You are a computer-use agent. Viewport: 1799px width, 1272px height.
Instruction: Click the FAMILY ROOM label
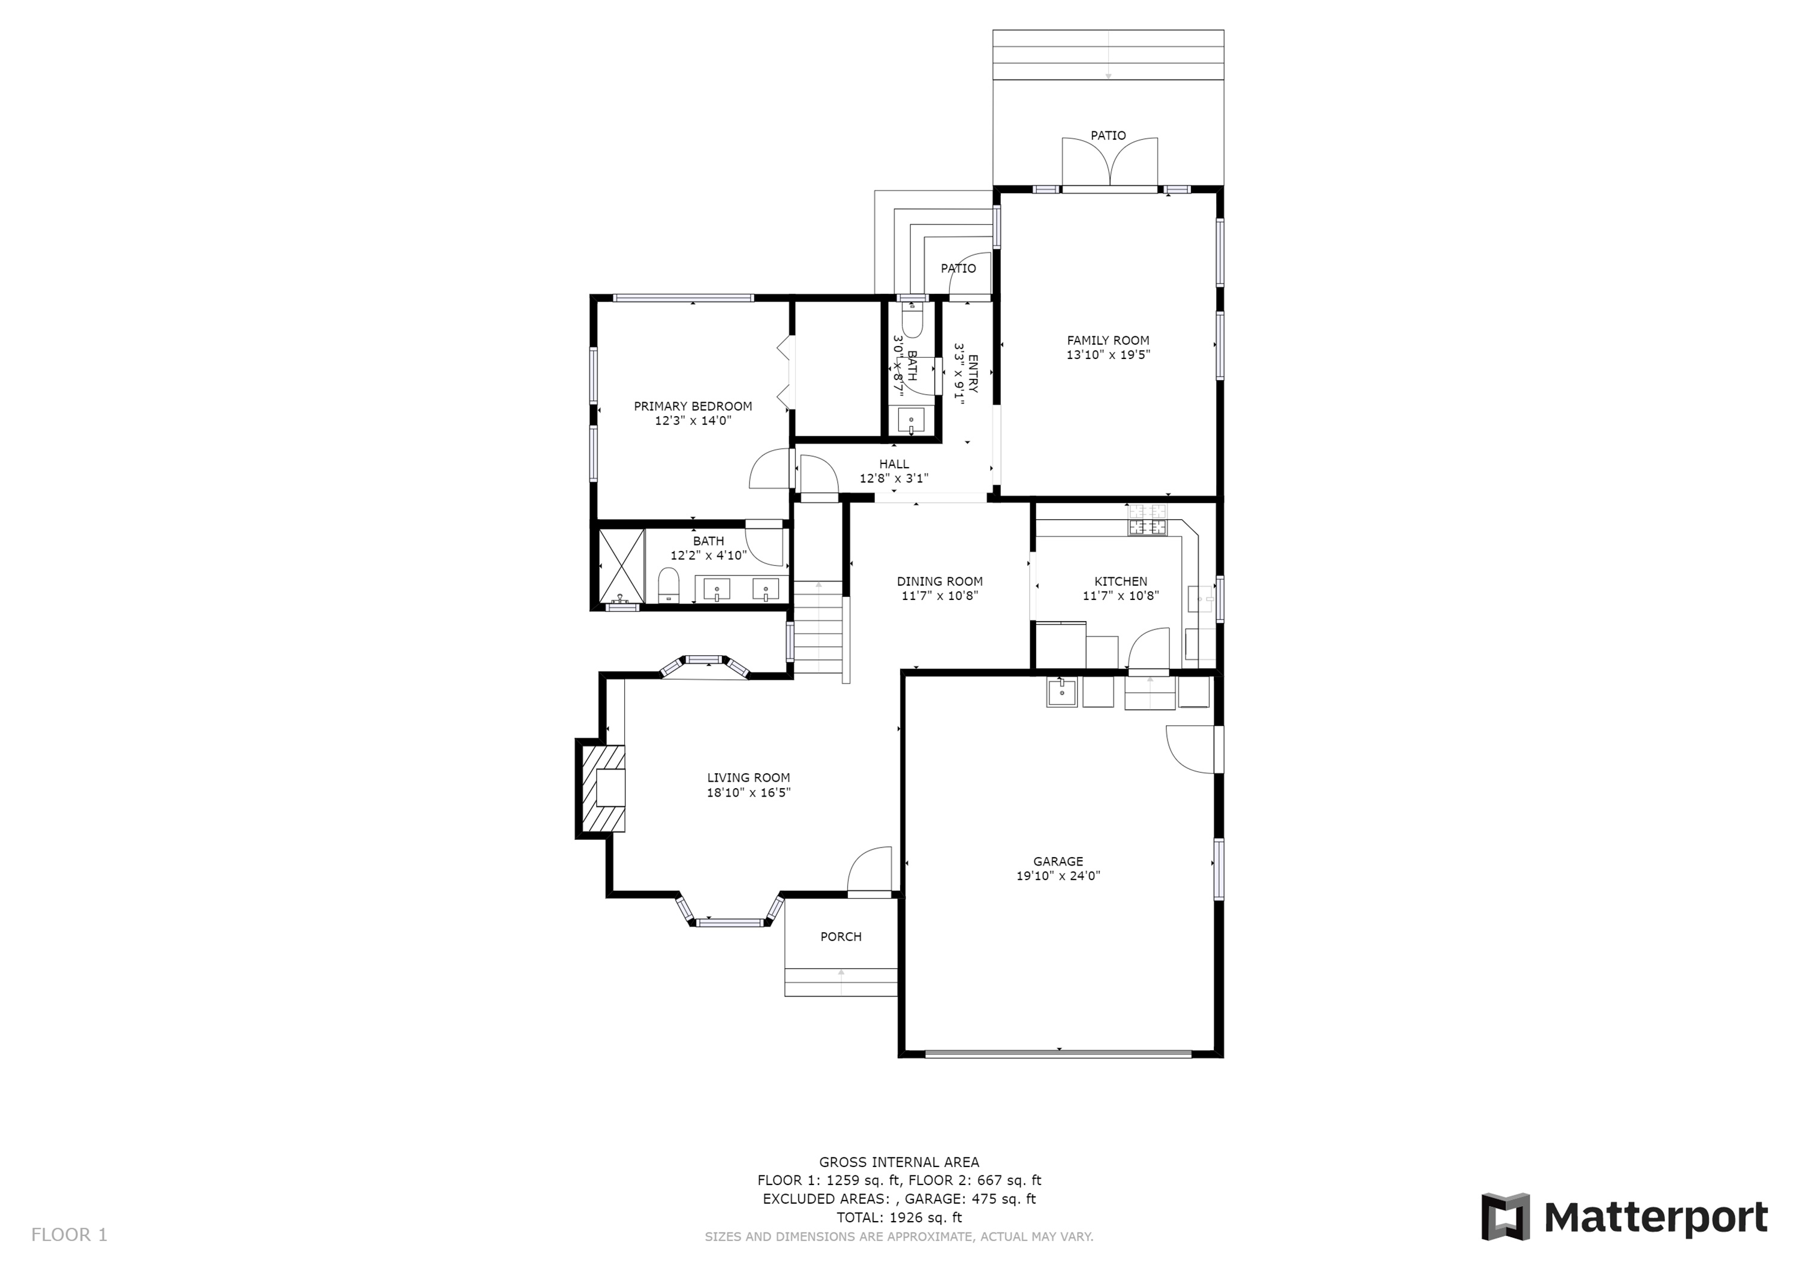point(1108,340)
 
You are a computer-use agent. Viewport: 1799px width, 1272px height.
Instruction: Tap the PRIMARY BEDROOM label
point(693,406)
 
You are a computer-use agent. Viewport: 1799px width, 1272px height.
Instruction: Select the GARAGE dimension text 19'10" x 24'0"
point(1058,876)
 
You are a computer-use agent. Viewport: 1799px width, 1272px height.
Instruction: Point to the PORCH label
point(841,936)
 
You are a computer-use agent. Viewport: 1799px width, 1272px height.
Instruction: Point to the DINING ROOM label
point(940,581)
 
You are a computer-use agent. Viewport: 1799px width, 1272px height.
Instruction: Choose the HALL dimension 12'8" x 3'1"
point(894,478)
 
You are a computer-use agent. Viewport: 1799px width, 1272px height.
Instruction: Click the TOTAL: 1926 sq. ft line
point(899,1217)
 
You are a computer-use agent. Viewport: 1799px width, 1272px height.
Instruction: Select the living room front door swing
point(870,869)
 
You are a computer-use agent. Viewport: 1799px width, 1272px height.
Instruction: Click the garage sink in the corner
point(1061,692)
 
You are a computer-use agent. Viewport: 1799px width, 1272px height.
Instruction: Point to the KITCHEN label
point(1120,581)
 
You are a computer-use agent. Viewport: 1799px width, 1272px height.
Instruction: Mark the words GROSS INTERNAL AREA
point(899,1162)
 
